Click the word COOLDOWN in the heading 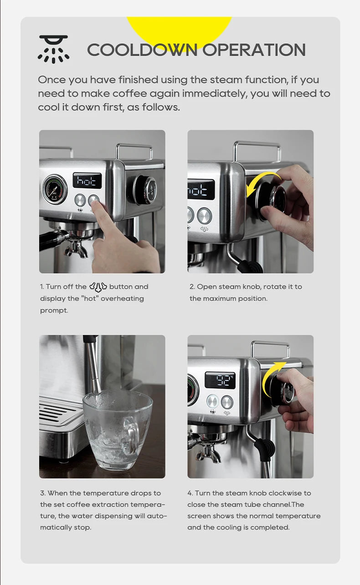[x=143, y=50]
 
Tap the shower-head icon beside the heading [x=53, y=49]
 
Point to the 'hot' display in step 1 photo [x=87, y=181]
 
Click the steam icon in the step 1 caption [x=98, y=287]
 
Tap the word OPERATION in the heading [x=254, y=50]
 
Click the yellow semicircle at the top [x=179, y=27]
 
